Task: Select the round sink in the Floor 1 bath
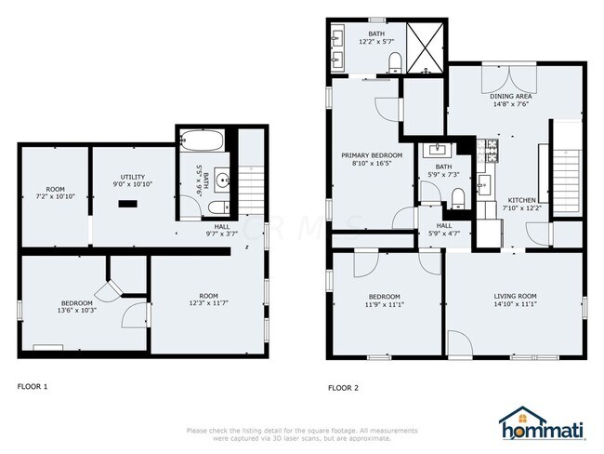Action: tap(221, 180)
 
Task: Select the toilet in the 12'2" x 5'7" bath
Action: tap(394, 61)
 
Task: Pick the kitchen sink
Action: tap(482, 184)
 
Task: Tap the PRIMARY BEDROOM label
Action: tap(372, 154)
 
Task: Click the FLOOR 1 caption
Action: tap(32, 385)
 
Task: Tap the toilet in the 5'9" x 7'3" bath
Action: tap(456, 194)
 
